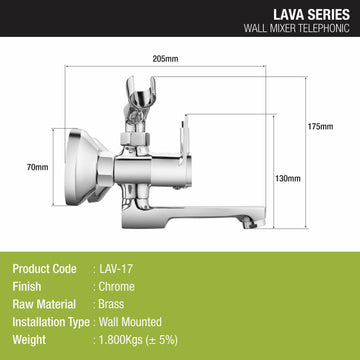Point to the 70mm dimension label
[x=38, y=167]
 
